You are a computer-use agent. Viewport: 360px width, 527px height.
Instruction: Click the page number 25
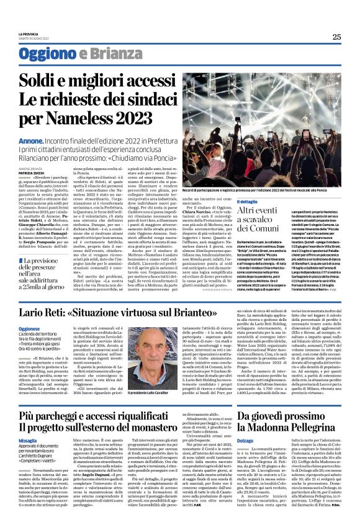pyautogui.click(x=336, y=37)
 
